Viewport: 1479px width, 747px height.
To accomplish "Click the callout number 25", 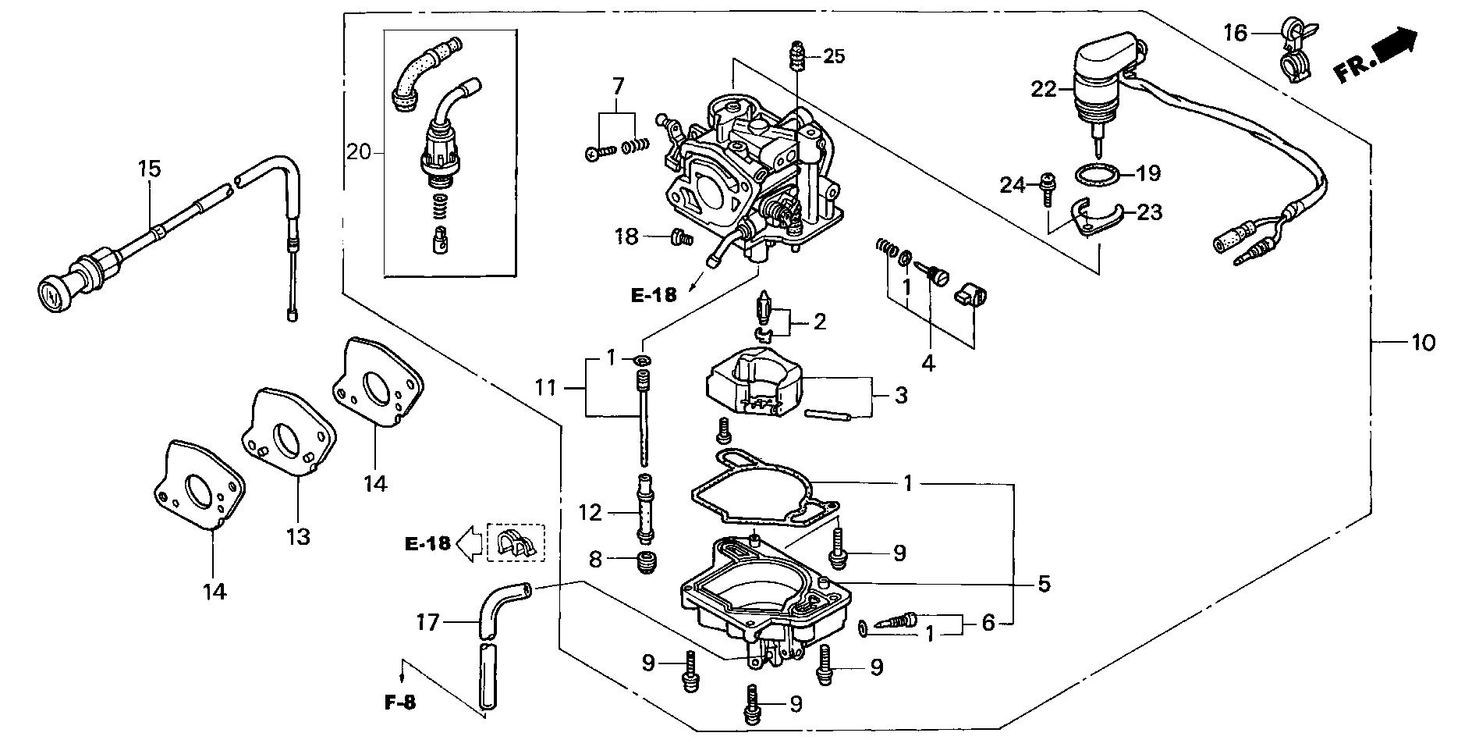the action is (x=834, y=56).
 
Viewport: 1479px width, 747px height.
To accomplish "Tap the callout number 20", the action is (x=360, y=152).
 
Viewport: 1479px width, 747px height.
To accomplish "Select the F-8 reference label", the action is (x=400, y=703).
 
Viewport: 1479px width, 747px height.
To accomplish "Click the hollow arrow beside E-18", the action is (x=470, y=543).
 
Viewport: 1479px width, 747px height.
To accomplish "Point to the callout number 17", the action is (x=428, y=622).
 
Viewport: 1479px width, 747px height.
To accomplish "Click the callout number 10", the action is (x=1424, y=342).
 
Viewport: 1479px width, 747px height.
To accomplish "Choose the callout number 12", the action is (x=591, y=513).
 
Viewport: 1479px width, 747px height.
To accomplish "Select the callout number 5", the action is (x=1044, y=583).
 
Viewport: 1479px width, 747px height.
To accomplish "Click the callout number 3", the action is (x=901, y=395).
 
